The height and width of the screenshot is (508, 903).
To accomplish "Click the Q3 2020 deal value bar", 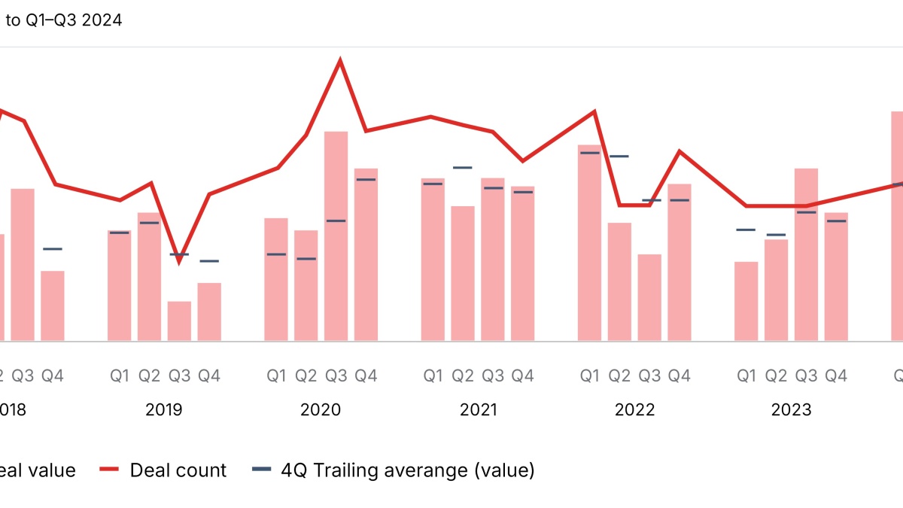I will [336, 236].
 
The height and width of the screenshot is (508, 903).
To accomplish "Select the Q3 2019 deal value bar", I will [179, 321].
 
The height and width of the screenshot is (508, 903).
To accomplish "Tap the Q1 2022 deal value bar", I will [589, 243].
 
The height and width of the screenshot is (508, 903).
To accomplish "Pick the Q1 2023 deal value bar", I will [746, 301].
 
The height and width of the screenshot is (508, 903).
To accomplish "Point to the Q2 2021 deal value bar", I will [463, 273].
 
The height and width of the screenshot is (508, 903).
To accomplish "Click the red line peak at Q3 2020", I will [341, 60].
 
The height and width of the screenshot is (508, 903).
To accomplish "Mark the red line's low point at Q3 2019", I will [179, 260].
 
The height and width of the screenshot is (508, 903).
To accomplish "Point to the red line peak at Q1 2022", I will [594, 111].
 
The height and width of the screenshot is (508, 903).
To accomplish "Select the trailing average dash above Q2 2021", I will [463, 167].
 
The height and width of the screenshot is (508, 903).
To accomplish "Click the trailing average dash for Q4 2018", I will [53, 248].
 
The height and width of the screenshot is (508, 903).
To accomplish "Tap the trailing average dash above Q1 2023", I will [746, 230].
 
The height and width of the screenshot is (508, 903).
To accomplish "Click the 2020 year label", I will [321, 410].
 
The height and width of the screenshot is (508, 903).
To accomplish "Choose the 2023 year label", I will [791, 410].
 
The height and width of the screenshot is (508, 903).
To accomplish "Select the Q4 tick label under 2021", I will [522, 376].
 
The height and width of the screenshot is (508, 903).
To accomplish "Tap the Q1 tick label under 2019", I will [120, 376].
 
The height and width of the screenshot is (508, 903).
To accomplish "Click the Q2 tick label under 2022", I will [619, 376].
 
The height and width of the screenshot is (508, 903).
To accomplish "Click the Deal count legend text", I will [178, 470].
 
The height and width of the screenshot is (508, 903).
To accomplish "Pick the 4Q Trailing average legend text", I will [407, 470].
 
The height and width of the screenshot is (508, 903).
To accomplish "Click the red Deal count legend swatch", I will [110, 470].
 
